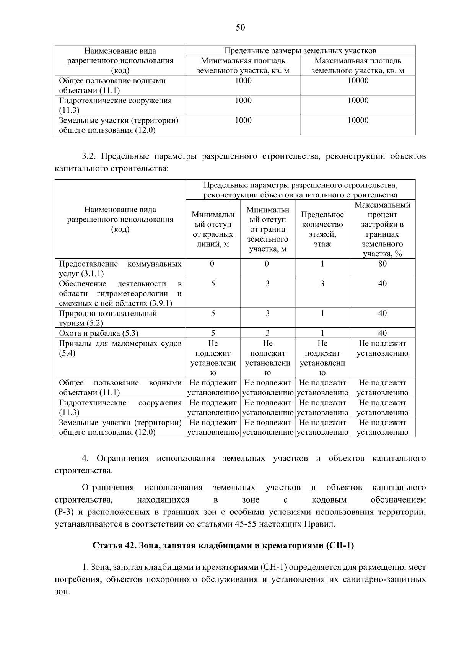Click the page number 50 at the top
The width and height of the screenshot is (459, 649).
(x=240, y=28)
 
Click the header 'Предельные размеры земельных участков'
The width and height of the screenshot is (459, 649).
(x=300, y=50)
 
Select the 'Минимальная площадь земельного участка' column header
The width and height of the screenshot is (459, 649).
(x=243, y=65)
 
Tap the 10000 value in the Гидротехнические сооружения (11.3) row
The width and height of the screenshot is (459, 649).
(x=358, y=101)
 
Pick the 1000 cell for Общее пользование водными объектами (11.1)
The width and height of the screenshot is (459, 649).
(x=243, y=81)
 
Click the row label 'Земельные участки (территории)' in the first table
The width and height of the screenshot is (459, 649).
(x=119, y=120)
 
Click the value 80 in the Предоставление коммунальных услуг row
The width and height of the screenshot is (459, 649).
(x=382, y=264)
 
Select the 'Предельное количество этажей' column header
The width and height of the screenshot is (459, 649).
(x=322, y=229)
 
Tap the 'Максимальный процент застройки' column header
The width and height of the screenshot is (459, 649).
(x=382, y=229)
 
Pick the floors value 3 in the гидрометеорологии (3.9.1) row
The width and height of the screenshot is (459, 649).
(x=322, y=284)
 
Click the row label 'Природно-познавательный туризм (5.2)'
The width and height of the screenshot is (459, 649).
(x=108, y=318)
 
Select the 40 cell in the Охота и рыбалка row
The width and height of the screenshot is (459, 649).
(x=382, y=333)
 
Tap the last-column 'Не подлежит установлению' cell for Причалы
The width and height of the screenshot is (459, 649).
(x=382, y=348)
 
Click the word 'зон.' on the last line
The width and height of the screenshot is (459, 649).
(x=62, y=592)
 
